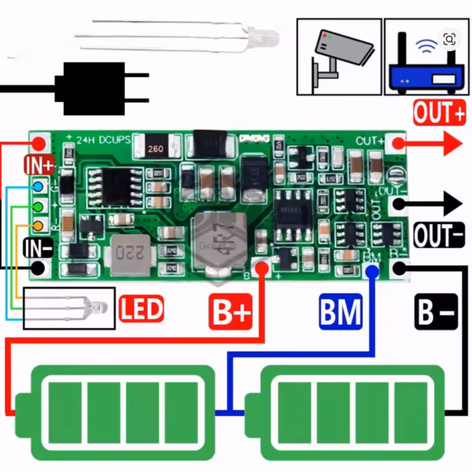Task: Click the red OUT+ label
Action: (439, 113)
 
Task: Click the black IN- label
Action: (38, 249)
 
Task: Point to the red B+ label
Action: (230, 312)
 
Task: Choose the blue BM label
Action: (341, 312)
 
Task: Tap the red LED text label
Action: (142, 308)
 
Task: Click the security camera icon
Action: (338, 57)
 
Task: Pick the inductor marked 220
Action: (130, 253)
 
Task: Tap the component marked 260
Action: (154, 147)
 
